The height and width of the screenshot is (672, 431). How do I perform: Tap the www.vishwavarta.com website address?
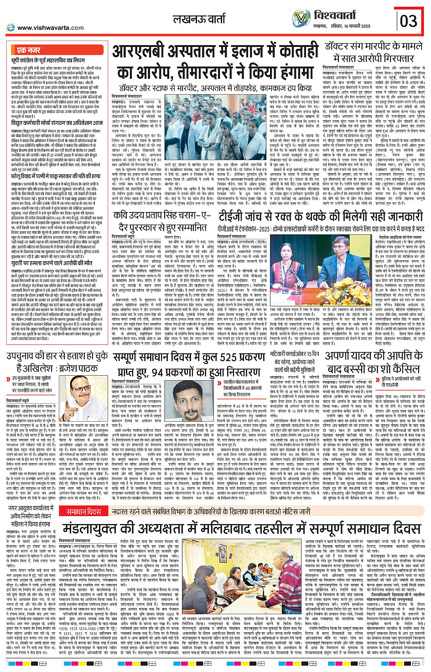click(50, 27)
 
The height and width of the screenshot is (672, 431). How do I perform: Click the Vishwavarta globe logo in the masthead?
click(301, 19)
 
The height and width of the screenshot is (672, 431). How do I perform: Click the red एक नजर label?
click(29, 50)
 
